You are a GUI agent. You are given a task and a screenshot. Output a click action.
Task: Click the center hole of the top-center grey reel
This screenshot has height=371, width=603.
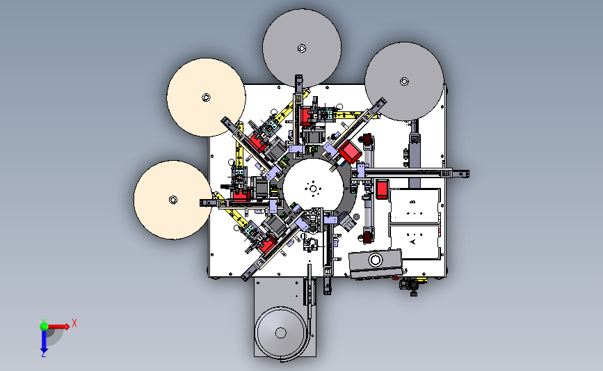[302, 48]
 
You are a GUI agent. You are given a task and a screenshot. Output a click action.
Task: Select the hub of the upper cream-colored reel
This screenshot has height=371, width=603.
[205, 97]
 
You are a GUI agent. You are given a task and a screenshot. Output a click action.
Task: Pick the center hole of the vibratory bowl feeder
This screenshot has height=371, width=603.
[282, 332]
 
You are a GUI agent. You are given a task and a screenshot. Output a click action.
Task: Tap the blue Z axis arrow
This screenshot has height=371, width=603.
[43, 340]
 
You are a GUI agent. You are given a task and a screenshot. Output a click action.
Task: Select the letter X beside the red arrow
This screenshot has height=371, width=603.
[74, 322]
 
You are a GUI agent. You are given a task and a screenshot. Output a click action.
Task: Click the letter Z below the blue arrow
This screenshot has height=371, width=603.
[43, 354]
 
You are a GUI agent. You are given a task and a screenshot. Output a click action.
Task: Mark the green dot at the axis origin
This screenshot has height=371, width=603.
[43, 325]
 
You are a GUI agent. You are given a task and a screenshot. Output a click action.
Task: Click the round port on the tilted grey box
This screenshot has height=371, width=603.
[376, 260]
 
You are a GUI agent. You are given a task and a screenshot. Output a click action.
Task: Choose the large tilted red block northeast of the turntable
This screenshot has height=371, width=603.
[348, 151]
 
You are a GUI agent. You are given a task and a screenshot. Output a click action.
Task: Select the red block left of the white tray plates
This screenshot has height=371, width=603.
[383, 189]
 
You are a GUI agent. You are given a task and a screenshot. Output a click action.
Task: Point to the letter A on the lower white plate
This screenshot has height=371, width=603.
[413, 242]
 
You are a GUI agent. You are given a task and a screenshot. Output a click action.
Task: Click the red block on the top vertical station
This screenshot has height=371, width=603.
[307, 113]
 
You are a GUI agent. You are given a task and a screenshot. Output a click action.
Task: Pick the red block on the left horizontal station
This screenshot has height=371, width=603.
[242, 196]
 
